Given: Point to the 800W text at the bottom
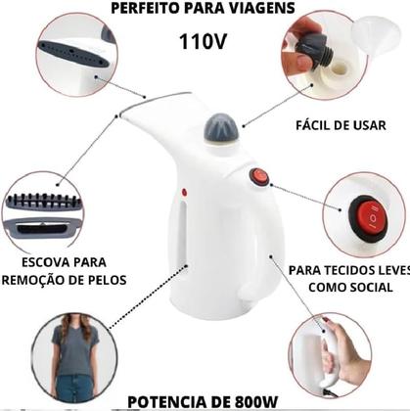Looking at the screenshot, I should (x=255, y=401).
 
